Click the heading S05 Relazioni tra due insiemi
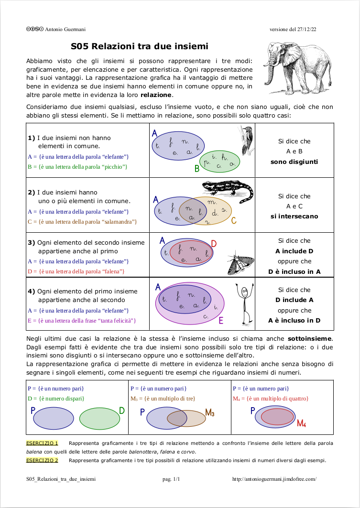[140, 46]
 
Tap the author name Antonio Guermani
[65, 29]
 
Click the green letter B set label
[196, 168]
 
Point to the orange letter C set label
[234, 221]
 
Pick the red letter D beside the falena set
[214, 244]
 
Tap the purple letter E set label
[221, 321]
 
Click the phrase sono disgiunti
[294, 162]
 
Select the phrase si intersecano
[294, 216]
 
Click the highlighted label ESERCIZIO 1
[42, 443]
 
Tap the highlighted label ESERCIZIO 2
[42, 460]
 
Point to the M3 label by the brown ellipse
[210, 412]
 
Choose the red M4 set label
[301, 423]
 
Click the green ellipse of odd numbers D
[99, 419]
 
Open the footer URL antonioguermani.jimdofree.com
[274, 479]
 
